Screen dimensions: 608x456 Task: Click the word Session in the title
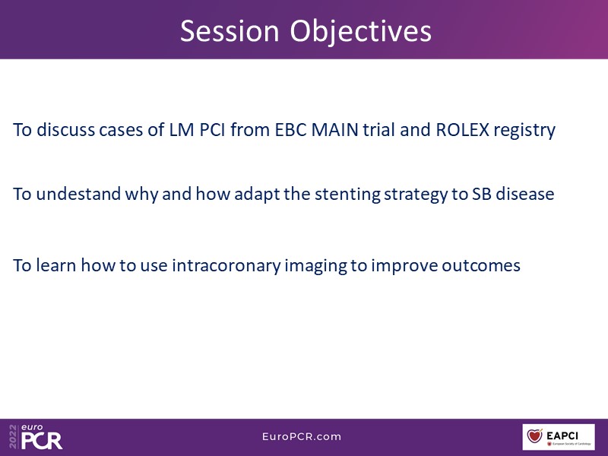pos(230,31)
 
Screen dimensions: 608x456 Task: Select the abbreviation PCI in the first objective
pos(212,129)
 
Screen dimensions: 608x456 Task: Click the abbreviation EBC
pos(291,129)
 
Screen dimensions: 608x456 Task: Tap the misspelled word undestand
pos(78,194)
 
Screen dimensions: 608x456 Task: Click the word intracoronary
pos(226,266)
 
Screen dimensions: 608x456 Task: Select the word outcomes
pos(481,265)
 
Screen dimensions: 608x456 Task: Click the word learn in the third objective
pos(55,265)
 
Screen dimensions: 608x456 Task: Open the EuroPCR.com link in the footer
pos(302,436)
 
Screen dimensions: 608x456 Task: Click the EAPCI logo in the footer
pos(559,437)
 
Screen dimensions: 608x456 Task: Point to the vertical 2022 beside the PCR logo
pos(13,437)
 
